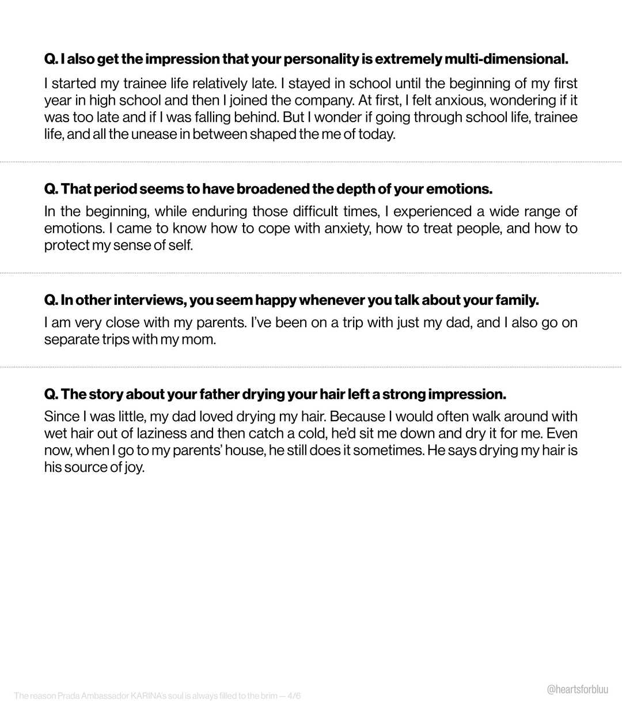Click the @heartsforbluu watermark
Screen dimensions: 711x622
577,690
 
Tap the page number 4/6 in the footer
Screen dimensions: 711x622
294,696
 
